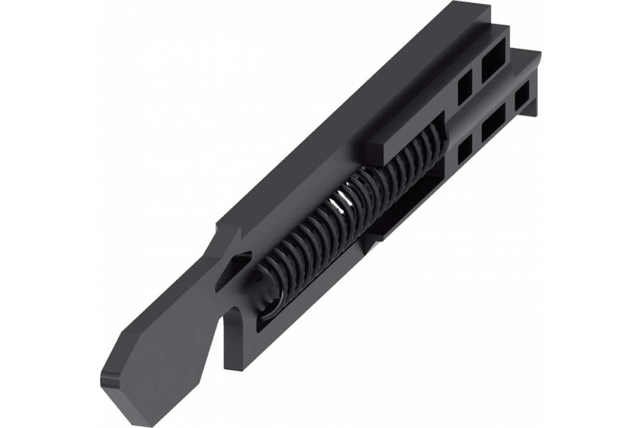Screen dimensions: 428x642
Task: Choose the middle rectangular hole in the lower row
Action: coord(493,124)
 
